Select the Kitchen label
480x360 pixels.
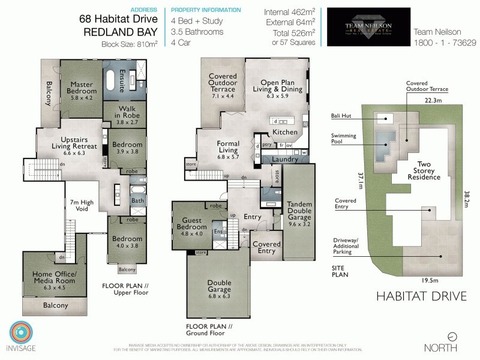[x=284, y=131]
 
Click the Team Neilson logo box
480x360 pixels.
[x=368, y=27]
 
